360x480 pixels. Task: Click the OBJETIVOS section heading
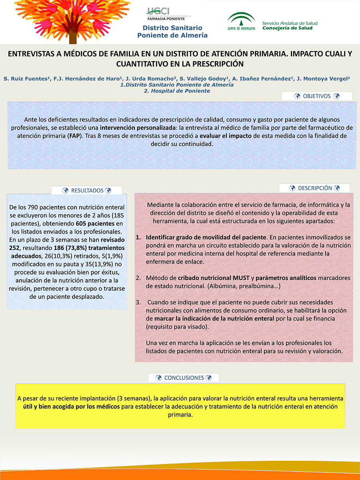(316, 96)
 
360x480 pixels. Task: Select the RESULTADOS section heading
(87, 191)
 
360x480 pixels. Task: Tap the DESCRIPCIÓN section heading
(315, 188)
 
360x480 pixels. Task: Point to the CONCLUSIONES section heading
(184, 378)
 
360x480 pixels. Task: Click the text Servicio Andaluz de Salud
(290, 23)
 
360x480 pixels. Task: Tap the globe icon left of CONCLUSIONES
(158, 378)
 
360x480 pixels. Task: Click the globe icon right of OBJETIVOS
(336, 96)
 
